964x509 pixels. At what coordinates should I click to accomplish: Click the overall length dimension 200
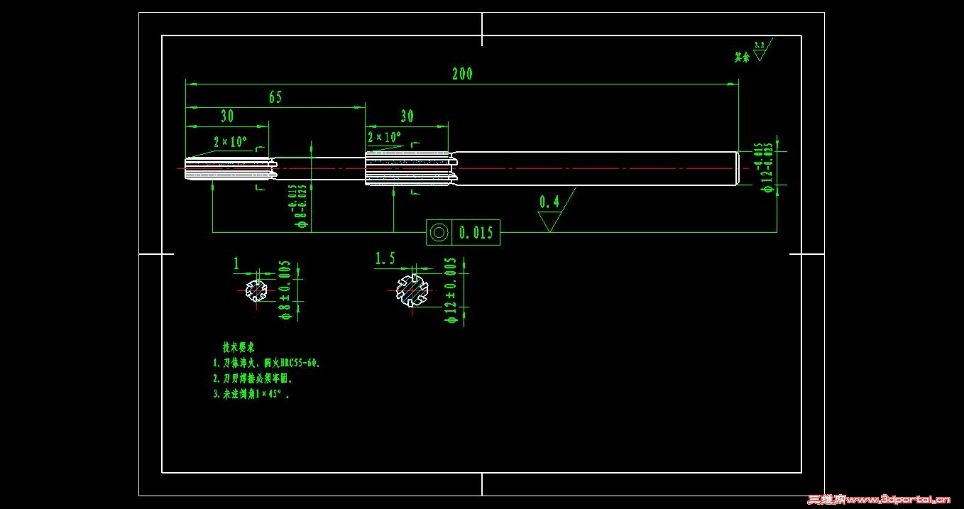pyautogui.click(x=461, y=73)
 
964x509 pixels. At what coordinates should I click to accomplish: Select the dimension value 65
pyautogui.click(x=275, y=97)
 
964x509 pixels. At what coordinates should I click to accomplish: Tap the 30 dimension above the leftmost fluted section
pyautogui.click(x=227, y=116)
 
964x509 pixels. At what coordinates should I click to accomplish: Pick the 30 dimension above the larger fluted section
pyautogui.click(x=407, y=116)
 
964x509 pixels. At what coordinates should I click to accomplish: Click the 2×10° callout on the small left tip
pyautogui.click(x=230, y=141)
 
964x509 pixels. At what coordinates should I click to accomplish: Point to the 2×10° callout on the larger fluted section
pyautogui.click(x=384, y=136)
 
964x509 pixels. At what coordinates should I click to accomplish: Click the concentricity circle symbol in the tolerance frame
pyautogui.click(x=439, y=232)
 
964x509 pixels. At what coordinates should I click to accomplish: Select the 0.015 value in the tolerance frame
pyautogui.click(x=476, y=232)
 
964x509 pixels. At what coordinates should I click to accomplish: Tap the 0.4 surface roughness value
pyautogui.click(x=549, y=202)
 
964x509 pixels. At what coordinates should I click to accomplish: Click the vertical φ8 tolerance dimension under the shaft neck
pyautogui.click(x=297, y=206)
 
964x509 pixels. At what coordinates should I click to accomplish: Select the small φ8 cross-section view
pyautogui.click(x=256, y=290)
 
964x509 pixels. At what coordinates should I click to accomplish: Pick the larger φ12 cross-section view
pyautogui.click(x=412, y=290)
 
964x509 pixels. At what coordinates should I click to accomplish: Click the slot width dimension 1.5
pyautogui.click(x=385, y=258)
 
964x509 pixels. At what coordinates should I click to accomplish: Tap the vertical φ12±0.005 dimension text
pyautogui.click(x=450, y=291)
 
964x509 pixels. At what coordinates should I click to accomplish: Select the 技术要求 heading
pyautogui.click(x=239, y=347)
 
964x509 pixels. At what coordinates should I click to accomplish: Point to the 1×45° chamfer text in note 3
pyautogui.click(x=270, y=393)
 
